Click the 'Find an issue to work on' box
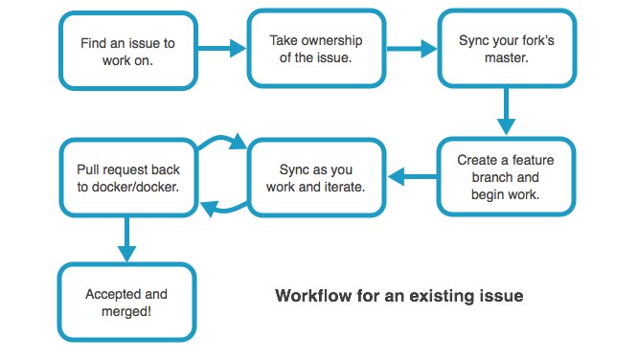point(128,51)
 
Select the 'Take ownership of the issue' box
point(316,48)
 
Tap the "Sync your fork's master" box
point(507,49)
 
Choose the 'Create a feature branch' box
point(506,177)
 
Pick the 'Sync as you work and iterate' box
point(316,178)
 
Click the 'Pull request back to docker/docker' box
point(128,178)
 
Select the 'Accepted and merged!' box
point(126,303)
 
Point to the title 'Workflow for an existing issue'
point(399,296)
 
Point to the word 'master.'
point(506,58)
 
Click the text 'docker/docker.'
point(140,187)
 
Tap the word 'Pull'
point(88,169)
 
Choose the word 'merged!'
point(126,311)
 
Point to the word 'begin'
point(489,194)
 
